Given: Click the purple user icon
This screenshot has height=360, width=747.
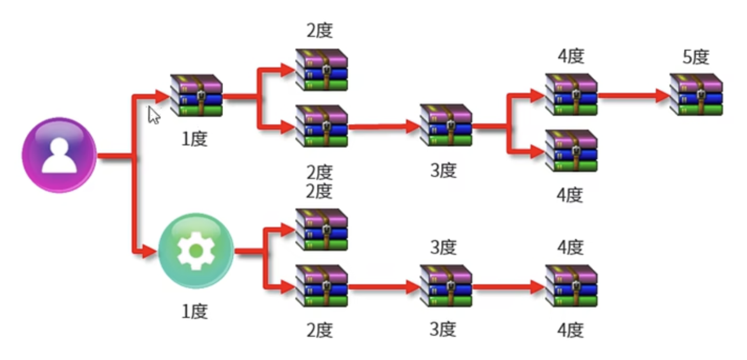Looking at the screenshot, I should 59,155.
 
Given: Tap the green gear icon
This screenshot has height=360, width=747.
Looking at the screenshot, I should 196,251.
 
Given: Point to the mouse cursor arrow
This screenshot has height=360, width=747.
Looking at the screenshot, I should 153,115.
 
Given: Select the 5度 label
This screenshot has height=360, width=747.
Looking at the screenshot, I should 696,57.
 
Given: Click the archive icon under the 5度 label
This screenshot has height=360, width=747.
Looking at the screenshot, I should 696,95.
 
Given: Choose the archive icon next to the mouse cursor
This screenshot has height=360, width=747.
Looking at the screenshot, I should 196,95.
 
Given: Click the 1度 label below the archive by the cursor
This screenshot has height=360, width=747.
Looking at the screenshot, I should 195,139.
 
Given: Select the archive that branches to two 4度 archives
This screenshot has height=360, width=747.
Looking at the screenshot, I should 446,125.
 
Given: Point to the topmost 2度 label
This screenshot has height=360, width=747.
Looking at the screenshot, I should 320,31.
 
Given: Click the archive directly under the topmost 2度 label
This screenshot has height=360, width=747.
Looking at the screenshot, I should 321,70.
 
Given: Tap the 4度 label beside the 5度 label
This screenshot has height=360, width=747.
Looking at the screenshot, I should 571,56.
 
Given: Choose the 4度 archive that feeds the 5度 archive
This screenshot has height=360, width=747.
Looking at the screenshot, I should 571,95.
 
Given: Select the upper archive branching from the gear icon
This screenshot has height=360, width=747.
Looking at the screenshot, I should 321,229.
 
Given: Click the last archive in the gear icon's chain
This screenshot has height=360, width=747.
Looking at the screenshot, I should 571,286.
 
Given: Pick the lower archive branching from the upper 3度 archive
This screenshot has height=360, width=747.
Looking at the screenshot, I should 571,151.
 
